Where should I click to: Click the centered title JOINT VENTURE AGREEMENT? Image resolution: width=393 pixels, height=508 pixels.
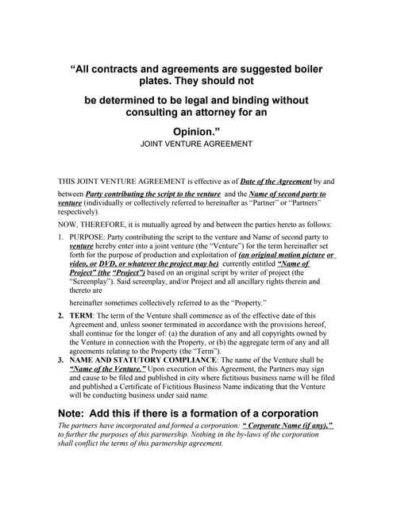pos(196,144)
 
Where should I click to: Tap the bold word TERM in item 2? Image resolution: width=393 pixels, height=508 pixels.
pos(84,315)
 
